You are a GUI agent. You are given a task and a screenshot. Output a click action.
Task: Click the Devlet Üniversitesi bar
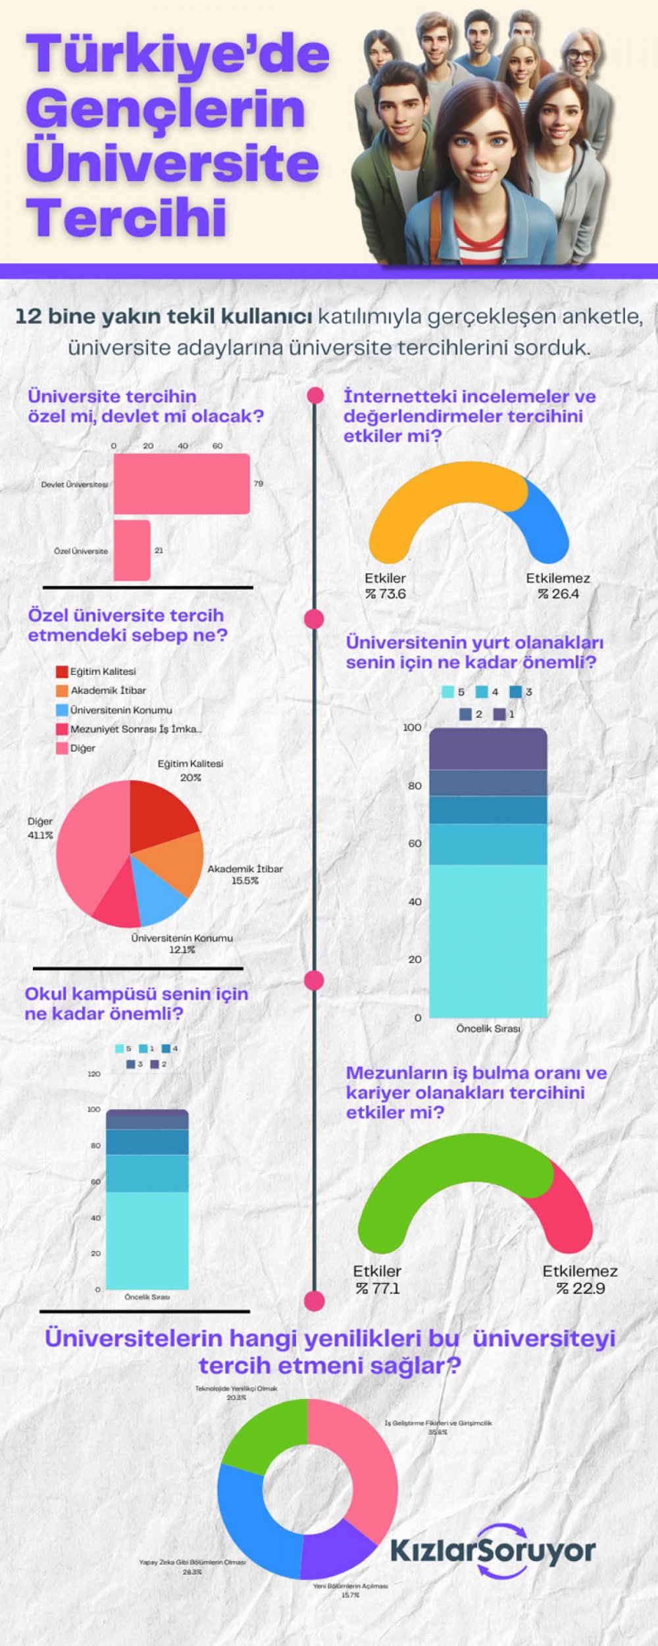(182, 483)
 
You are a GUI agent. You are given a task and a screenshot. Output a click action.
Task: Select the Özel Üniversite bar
(132, 550)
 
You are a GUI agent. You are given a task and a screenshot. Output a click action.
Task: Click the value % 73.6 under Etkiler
(386, 594)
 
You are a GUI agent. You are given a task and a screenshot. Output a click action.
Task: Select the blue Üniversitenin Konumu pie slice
(158, 895)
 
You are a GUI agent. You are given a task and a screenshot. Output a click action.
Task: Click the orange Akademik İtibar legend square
(62, 691)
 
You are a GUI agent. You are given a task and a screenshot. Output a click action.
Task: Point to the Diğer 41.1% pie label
(40, 828)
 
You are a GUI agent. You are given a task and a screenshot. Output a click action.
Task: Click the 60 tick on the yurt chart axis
(415, 843)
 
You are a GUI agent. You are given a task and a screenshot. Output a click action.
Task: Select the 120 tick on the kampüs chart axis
(94, 1074)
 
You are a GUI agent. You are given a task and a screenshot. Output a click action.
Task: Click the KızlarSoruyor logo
(493, 1551)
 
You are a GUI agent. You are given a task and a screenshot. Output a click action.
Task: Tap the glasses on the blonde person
(580, 55)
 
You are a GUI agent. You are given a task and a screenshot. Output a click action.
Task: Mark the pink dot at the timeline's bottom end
(315, 1301)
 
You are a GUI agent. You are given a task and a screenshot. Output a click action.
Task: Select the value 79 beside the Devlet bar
(259, 483)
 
